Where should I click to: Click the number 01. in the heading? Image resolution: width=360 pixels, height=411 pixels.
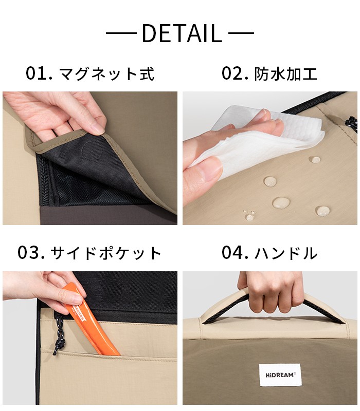pyautogui.click(x=40, y=73)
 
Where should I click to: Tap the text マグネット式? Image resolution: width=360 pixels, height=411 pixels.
pyautogui.click(x=107, y=74)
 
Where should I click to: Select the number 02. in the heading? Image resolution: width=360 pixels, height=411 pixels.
pyautogui.click(x=235, y=73)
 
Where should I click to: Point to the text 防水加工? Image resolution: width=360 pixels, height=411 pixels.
pyautogui.click(x=286, y=74)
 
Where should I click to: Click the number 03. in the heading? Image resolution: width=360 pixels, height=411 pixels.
pyautogui.click(x=32, y=253)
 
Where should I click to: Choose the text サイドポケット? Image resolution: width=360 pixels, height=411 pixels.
pyautogui.click(x=106, y=253)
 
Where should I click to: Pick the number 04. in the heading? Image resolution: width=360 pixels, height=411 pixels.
pyautogui.click(x=235, y=253)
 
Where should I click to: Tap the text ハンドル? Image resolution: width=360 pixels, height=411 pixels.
pyautogui.click(x=286, y=253)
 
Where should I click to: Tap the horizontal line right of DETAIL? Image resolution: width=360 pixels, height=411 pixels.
pyautogui.click(x=241, y=34)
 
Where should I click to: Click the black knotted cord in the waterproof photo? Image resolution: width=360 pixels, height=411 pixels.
pyautogui.click(x=351, y=123)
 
